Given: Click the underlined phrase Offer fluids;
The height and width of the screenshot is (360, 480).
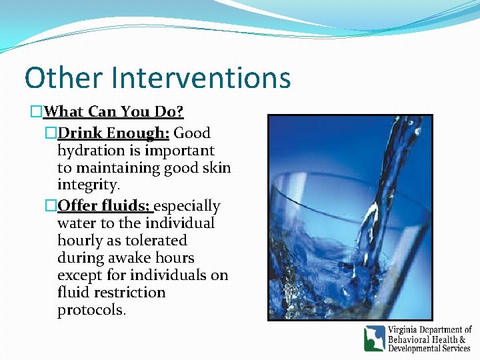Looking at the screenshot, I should click(105, 205).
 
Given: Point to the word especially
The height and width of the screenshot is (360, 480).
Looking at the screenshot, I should click(187, 205).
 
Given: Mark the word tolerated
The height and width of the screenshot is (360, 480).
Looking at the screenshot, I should click(156, 240).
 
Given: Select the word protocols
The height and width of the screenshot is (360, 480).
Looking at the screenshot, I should click(91, 310).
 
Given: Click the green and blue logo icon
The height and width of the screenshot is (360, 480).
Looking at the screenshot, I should click(374, 339).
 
